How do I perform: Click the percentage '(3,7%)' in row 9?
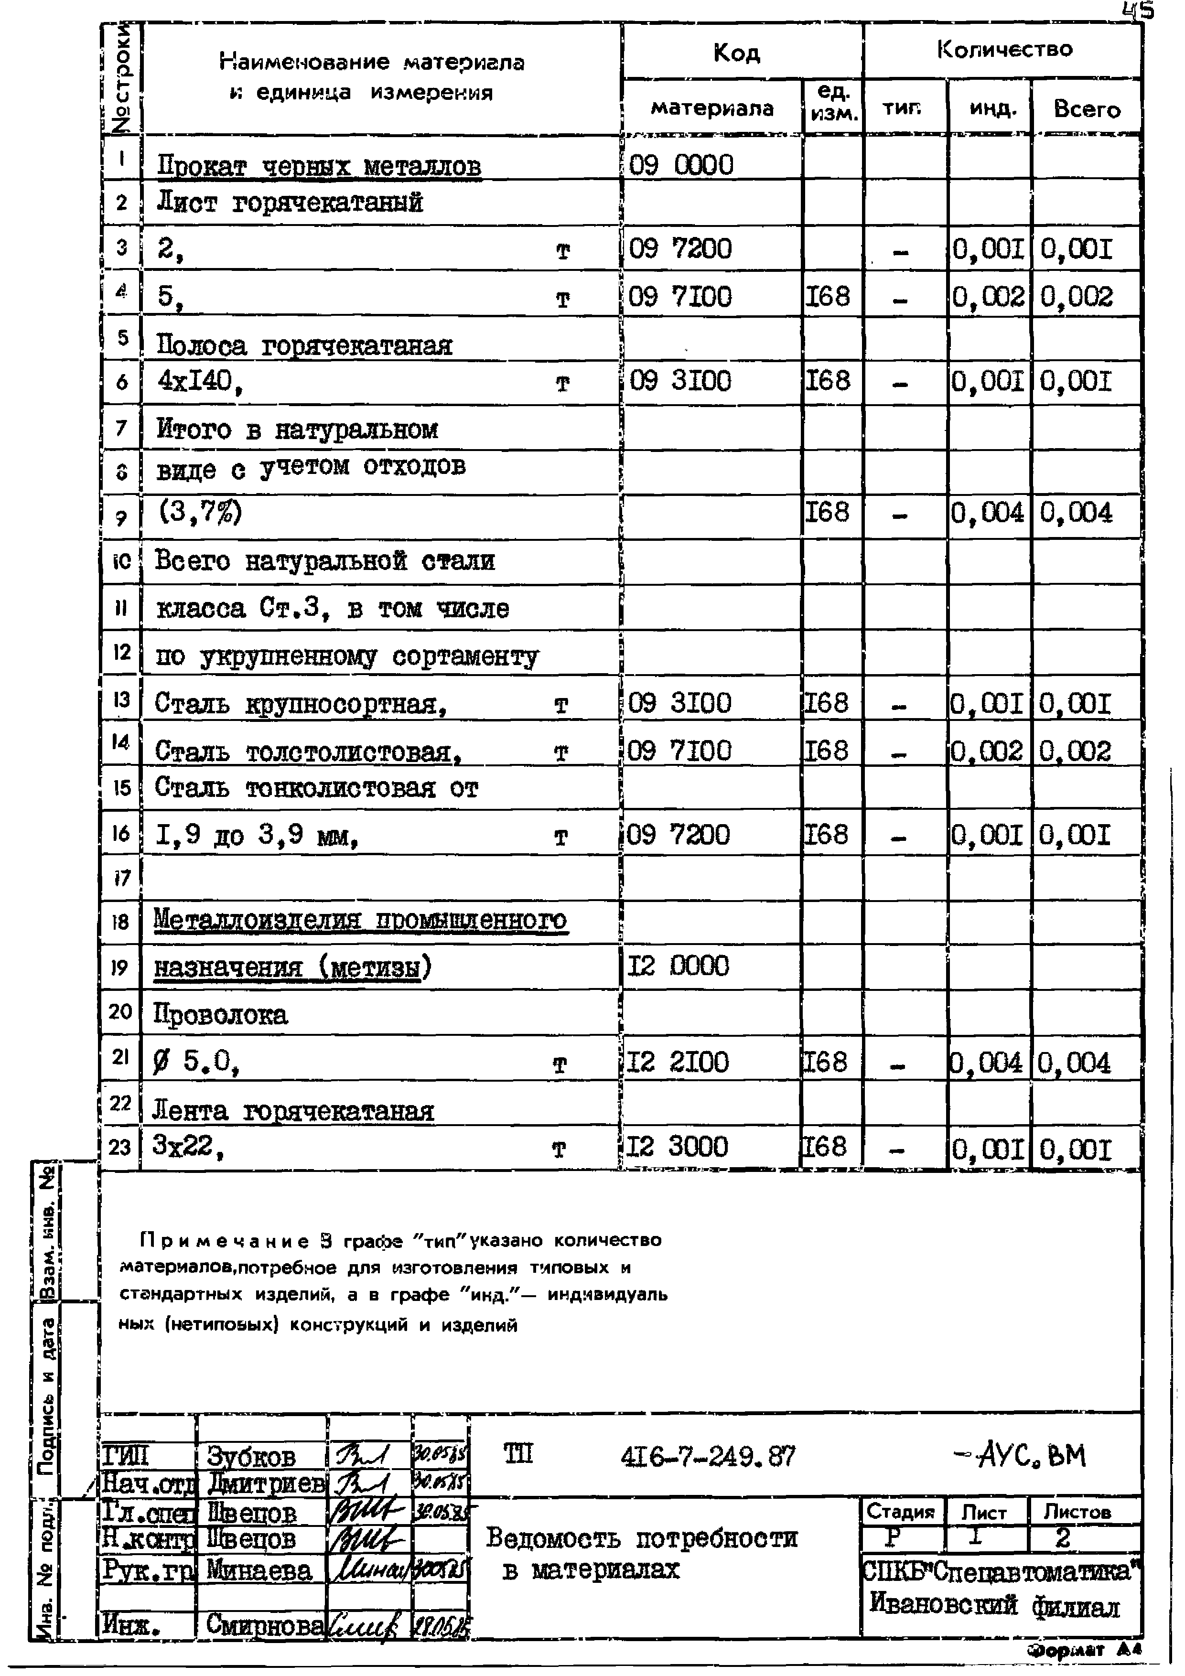pyautogui.click(x=199, y=513)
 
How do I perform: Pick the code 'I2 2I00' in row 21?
pyautogui.click(x=678, y=1062)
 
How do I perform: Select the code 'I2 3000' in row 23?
pyautogui.click(x=678, y=1147)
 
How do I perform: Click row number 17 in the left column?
pyautogui.click(x=121, y=878)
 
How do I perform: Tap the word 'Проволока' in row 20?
pyautogui.click(x=220, y=1014)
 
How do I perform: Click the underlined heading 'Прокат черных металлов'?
pyautogui.click(x=319, y=166)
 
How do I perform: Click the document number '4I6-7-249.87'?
pyautogui.click(x=708, y=1457)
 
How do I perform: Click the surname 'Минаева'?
pyautogui.click(x=259, y=1570)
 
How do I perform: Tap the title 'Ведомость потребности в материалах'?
pyautogui.click(x=641, y=1554)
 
